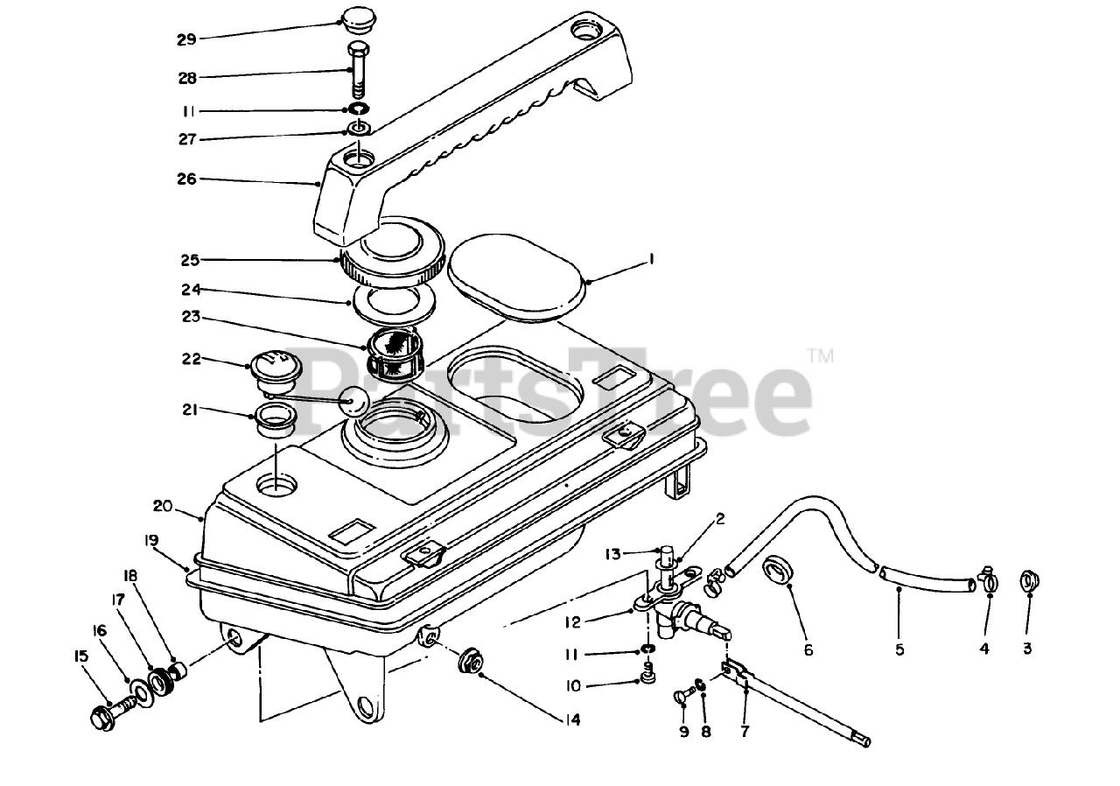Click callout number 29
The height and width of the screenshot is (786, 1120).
click(x=187, y=39)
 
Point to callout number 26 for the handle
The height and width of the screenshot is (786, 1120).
click(x=187, y=179)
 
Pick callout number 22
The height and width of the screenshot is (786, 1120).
click(x=191, y=359)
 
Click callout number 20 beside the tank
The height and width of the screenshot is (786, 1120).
click(x=164, y=506)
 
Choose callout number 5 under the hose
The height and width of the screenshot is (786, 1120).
click(x=899, y=649)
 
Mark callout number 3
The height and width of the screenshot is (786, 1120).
click(x=1027, y=649)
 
